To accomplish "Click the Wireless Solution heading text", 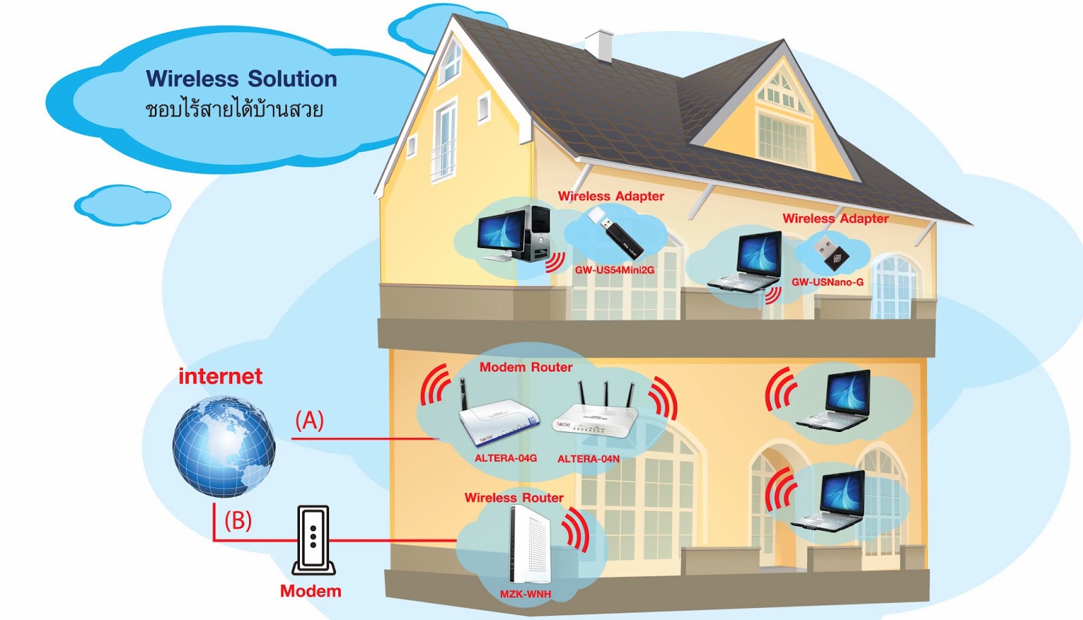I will pos(241,79).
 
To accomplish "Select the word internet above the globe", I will pos(220,377).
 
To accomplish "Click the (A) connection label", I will pos(309,421).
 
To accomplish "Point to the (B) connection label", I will pos(238,521).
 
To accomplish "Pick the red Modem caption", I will pos(311,591).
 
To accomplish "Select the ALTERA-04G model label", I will pos(506,458).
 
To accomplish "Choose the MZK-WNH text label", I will pos(525,594).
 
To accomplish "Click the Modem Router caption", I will pos(526,367).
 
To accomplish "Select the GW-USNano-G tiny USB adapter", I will pos(831,254).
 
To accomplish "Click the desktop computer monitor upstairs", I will pos(502,231).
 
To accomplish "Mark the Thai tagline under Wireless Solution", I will pos(234,109).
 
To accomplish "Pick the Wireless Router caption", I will pos(514,498).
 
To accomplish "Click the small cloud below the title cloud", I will pos(123,205).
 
